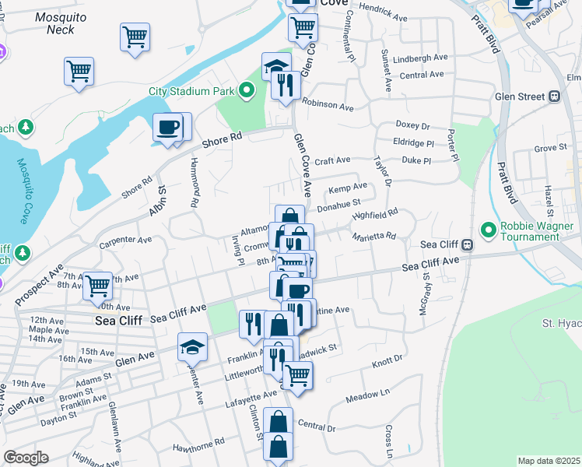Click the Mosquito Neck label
click(50, 23)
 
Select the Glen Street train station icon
click(554, 97)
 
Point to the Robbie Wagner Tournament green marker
click(488, 230)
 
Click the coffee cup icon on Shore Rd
click(167, 127)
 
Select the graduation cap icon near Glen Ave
click(192, 346)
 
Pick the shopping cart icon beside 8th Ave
click(97, 286)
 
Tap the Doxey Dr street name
click(412, 125)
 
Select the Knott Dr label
click(388, 359)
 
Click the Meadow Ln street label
click(367, 395)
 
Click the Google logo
click(26, 458)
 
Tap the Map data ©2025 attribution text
click(549, 461)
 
